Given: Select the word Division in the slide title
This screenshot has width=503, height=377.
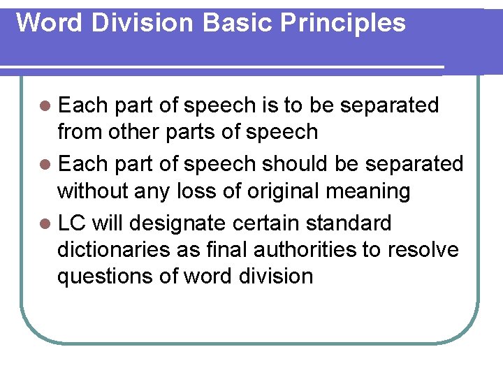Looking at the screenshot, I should click(145, 22).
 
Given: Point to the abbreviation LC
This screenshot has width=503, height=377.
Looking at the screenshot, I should click(71, 223).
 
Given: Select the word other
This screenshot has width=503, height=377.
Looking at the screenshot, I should click(127, 131).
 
